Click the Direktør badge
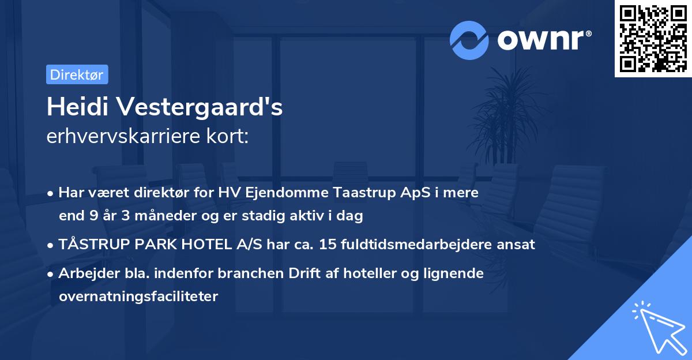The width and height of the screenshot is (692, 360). tap(77, 74)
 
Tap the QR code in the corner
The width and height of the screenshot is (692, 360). tap(653, 38)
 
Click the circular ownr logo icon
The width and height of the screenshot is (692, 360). tap(469, 40)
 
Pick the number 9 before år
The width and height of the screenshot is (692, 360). tap(93, 216)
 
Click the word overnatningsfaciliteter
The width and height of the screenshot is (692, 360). tap(138, 297)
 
